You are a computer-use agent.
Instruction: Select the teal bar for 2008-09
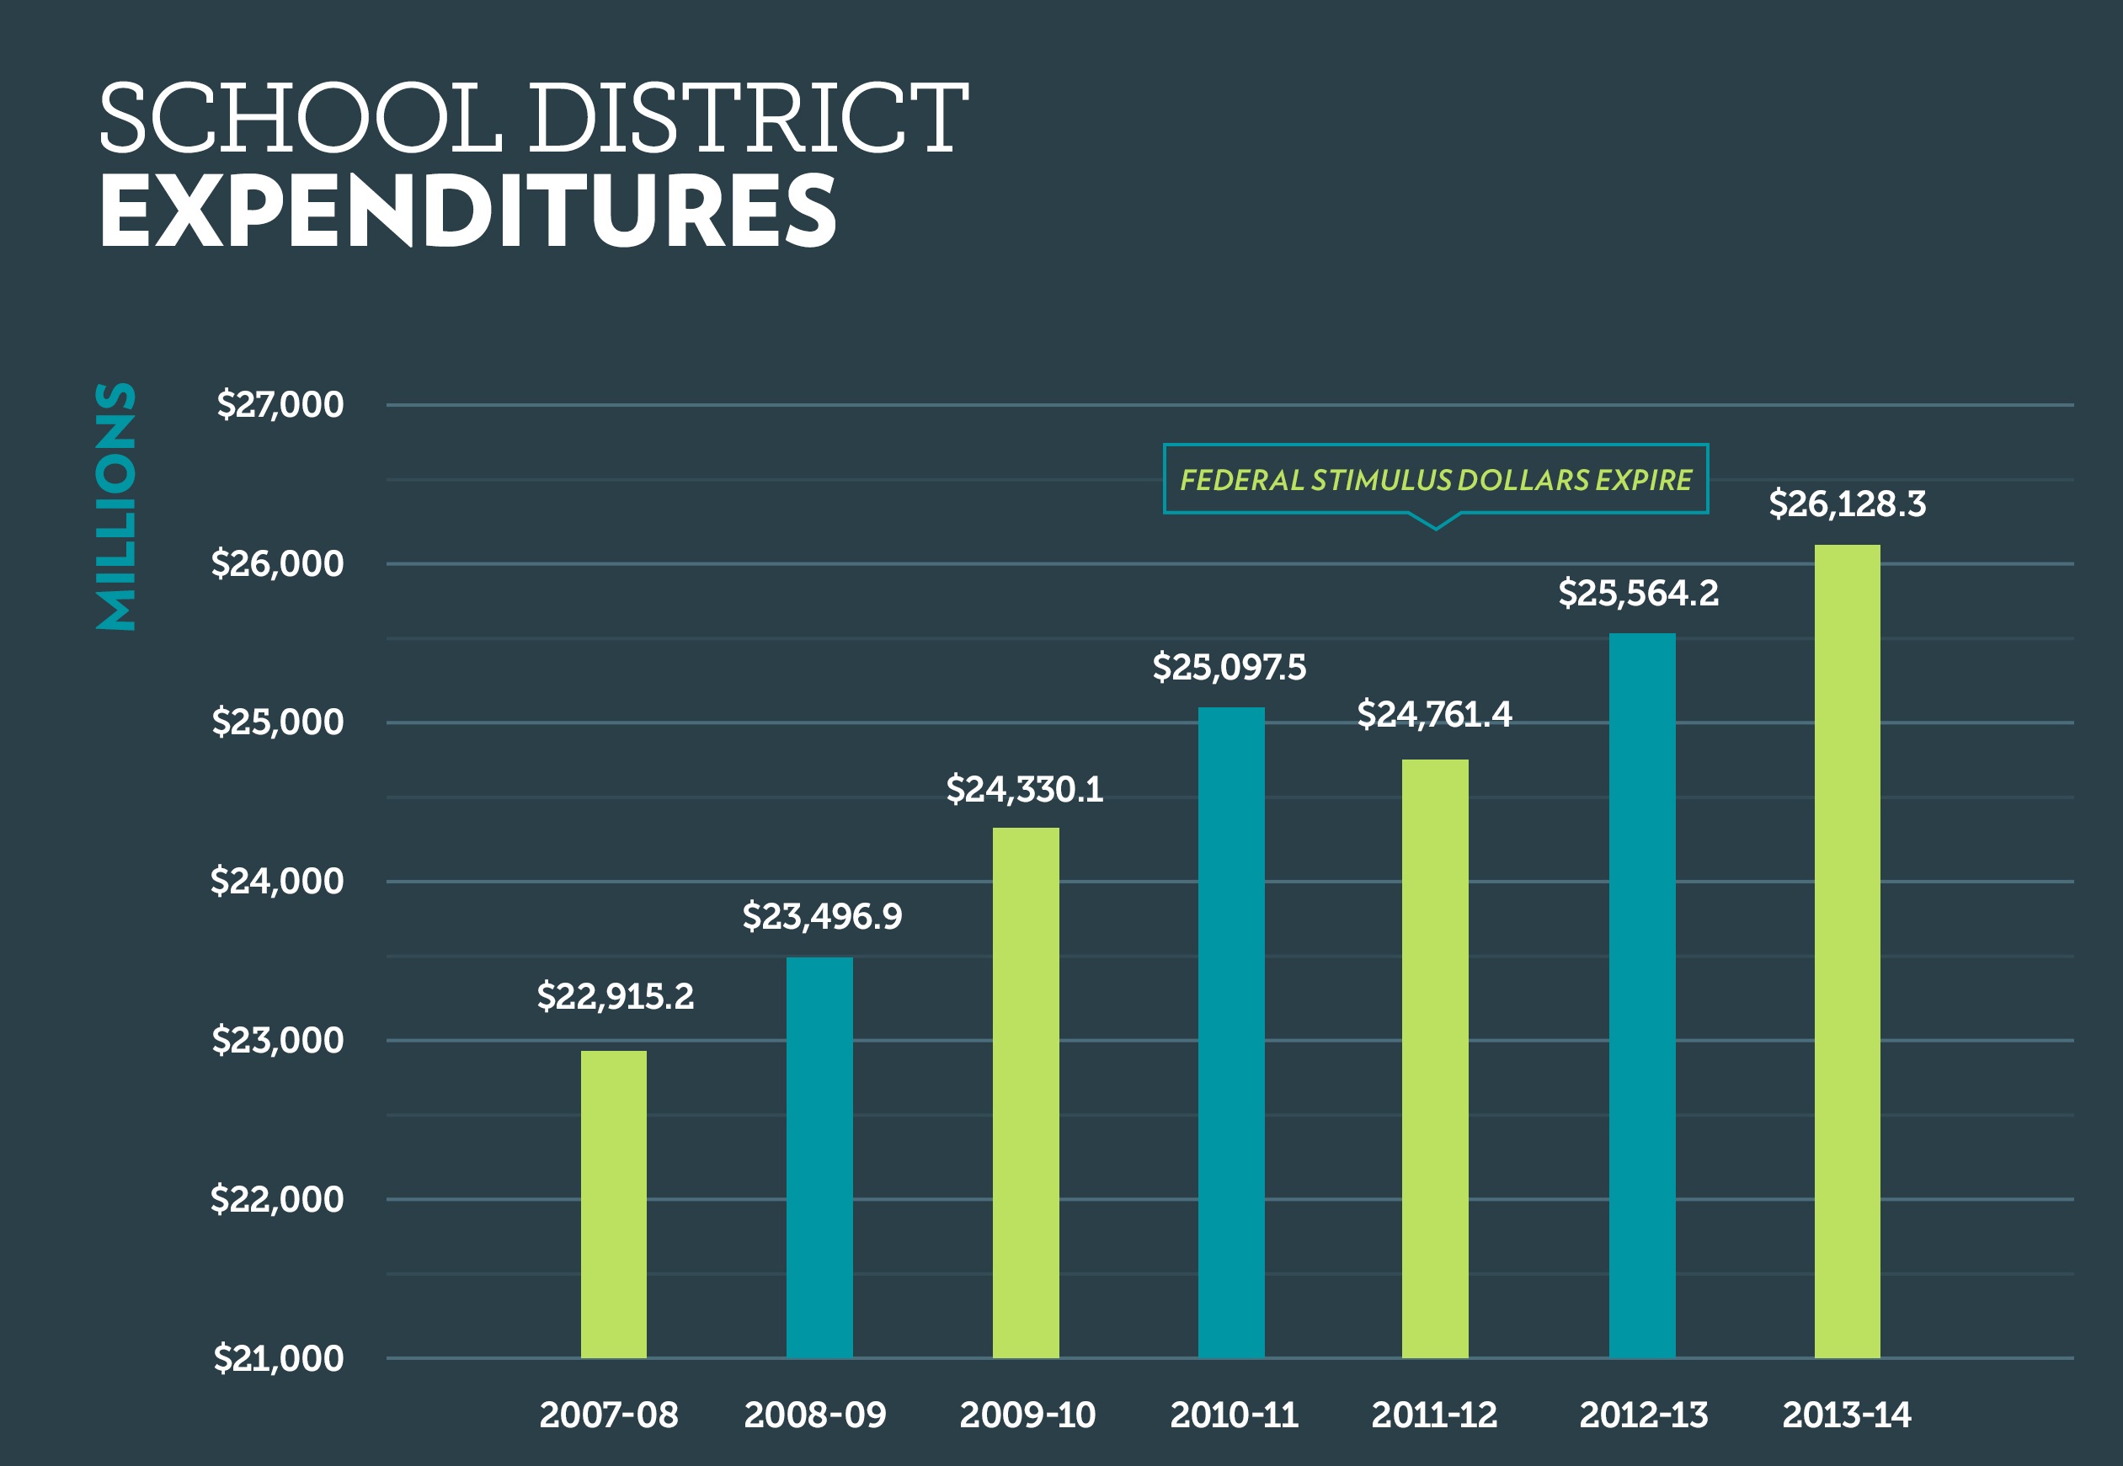[x=819, y=1157]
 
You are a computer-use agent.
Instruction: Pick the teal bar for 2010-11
[x=1231, y=1032]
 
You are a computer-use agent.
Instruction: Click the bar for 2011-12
[x=1435, y=1058]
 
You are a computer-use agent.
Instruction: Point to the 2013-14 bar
[x=1848, y=951]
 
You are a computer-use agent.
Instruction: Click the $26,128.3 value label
[x=1848, y=504]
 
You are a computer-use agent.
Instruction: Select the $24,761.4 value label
[x=1434, y=715]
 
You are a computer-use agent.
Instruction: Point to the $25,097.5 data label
[x=1230, y=668]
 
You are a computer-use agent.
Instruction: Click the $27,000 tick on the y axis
[x=280, y=405]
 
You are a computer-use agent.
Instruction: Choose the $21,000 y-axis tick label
[x=279, y=1358]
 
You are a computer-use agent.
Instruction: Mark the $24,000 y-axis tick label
[x=276, y=882]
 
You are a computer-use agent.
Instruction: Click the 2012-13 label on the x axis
[x=1644, y=1415]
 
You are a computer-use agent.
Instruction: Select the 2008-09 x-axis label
[x=815, y=1415]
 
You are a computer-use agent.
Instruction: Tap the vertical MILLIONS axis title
[x=115, y=506]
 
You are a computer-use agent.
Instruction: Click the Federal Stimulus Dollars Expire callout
[x=1435, y=479]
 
